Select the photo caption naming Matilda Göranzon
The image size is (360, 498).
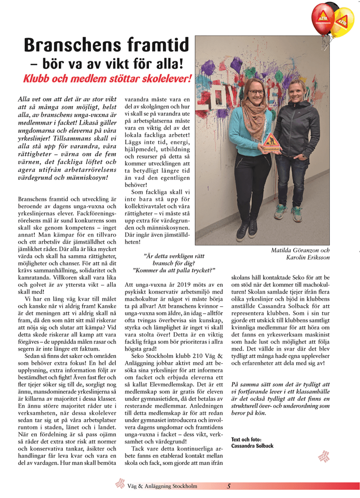coord(300,250)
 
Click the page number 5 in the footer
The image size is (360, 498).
coord(228,485)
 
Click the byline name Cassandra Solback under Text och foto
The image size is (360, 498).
coord(252,446)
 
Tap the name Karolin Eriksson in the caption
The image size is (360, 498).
coord(308,257)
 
